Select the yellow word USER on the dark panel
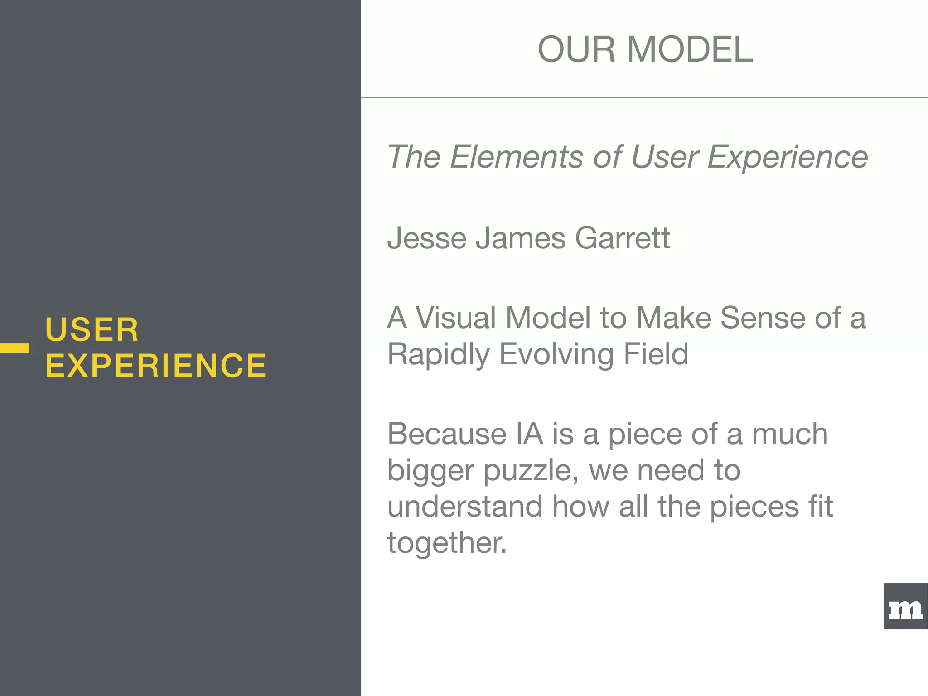coord(92,329)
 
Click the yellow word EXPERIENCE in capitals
coord(156,366)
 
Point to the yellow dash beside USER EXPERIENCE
coord(14,348)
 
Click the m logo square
coord(905,606)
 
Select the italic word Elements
coord(516,157)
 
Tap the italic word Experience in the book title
coord(788,157)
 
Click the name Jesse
coord(427,238)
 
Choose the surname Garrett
coord(622,238)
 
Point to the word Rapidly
coord(438,354)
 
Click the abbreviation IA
coord(529,434)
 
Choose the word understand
coord(464,506)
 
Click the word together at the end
coord(446,542)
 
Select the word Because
coord(446,434)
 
